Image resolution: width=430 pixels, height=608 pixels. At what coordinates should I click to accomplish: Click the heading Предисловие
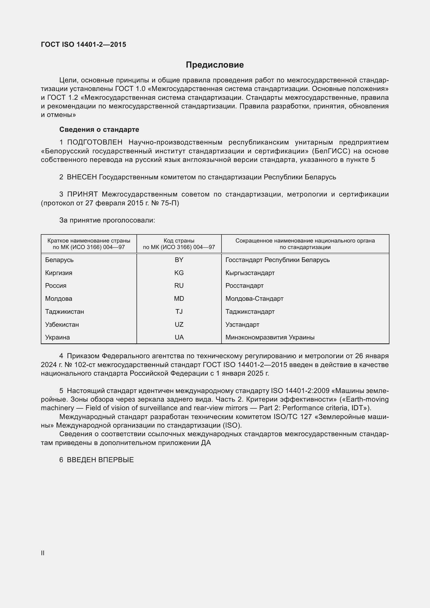click(215, 65)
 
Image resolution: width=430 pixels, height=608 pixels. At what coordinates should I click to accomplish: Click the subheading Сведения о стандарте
click(99, 129)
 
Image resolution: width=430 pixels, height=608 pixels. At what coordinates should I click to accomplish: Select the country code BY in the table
click(179, 260)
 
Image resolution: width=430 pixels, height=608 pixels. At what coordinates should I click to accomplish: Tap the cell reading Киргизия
click(58, 273)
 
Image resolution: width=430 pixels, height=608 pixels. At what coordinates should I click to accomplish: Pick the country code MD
click(179, 298)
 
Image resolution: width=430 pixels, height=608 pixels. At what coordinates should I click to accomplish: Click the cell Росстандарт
click(244, 285)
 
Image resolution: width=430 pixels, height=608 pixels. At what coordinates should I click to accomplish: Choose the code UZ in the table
click(179, 324)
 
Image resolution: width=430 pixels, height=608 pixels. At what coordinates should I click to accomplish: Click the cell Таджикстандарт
click(250, 311)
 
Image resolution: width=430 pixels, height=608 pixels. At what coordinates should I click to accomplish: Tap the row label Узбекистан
click(62, 324)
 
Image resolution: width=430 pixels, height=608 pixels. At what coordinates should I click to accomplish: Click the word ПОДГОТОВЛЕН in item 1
click(95, 142)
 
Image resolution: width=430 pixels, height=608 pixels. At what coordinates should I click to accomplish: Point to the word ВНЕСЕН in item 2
click(82, 177)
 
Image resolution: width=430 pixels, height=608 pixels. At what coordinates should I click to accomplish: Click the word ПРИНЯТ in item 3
click(82, 194)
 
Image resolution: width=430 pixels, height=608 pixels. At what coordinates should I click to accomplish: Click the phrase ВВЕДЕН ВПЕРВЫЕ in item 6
click(100, 460)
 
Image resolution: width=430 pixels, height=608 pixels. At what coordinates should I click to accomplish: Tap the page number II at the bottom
click(43, 553)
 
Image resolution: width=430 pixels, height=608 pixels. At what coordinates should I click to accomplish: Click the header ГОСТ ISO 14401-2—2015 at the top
click(83, 44)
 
